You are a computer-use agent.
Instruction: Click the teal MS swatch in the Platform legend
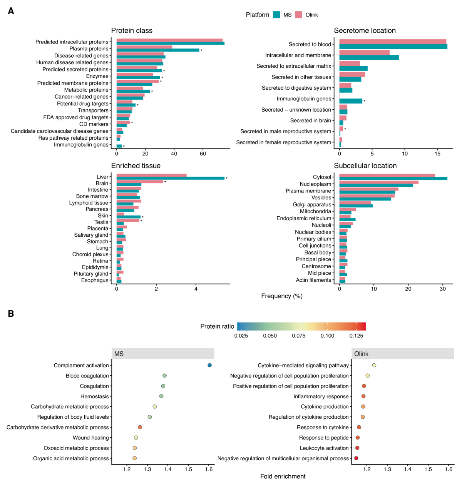tap(276, 15)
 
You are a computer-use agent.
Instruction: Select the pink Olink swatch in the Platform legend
tap(299, 15)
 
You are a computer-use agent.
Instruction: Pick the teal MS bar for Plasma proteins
tap(158, 50)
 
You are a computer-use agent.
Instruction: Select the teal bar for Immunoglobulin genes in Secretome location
tap(351, 101)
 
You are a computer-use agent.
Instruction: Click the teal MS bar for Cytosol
tap(393, 179)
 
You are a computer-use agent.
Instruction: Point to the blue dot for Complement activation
tap(209, 365)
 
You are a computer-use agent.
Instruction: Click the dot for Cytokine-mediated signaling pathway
tap(374, 365)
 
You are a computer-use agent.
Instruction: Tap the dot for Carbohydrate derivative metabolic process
tap(140, 427)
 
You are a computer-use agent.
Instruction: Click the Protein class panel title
tap(132, 31)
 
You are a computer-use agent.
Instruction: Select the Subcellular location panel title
tap(365, 166)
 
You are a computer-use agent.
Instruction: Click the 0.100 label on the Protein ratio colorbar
tap(327, 336)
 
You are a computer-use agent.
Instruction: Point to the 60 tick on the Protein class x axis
tap(203, 154)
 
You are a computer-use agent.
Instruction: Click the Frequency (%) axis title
tap(282, 296)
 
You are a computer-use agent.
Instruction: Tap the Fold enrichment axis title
tap(283, 476)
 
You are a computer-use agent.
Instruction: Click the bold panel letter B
tap(11, 314)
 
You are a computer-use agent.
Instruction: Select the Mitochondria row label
tap(315, 211)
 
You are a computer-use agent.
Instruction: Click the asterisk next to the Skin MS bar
tap(142, 217)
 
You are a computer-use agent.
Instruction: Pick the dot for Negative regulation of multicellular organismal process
tap(356, 458)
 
